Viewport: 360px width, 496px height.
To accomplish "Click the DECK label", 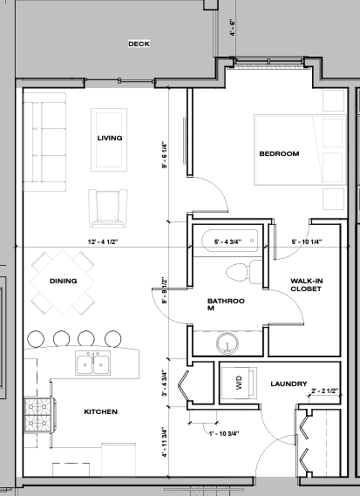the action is click(139, 44).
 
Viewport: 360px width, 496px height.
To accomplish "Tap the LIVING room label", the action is click(110, 138).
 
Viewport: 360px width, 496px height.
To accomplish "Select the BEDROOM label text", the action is click(279, 153).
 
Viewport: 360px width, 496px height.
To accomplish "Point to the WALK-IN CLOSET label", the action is click(306, 285).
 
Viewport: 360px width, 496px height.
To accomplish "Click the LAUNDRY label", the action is click(289, 384).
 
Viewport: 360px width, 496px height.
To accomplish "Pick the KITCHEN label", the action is click(100, 411).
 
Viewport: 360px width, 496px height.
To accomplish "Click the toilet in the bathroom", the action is click(244, 272).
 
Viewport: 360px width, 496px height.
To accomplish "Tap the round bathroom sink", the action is click(228, 343).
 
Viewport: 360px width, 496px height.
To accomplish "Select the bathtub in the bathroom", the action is click(229, 241).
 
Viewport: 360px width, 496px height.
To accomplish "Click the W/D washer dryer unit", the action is click(239, 383).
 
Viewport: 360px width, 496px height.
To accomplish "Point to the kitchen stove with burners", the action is click(39, 415).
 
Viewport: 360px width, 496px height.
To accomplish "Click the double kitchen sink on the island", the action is click(93, 363).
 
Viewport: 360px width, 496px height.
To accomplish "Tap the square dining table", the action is click(62, 282).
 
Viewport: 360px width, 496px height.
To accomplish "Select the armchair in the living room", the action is click(108, 208).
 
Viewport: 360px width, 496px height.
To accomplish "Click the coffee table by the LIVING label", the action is click(109, 139).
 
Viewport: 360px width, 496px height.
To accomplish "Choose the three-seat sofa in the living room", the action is click(44, 142).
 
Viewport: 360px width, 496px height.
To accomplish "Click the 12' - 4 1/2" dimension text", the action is click(103, 242).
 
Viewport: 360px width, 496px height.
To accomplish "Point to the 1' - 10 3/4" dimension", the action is click(224, 433).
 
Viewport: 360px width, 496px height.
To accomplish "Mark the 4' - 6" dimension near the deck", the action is click(233, 28).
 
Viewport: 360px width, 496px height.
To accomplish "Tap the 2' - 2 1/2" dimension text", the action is click(325, 391).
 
